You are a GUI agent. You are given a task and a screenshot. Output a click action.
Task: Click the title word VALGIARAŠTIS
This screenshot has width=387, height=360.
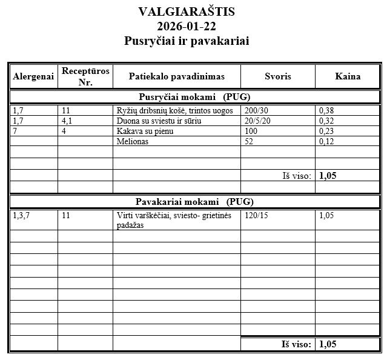187,12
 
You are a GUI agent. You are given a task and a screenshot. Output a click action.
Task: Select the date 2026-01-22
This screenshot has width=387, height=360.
187,26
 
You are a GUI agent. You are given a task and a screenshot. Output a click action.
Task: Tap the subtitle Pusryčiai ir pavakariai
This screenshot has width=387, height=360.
187,41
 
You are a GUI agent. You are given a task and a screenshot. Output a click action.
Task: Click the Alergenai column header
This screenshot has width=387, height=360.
33,76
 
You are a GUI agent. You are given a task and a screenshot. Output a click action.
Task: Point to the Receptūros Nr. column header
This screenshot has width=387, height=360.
85,76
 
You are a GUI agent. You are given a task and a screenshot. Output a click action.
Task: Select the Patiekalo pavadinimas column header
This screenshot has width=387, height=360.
176,76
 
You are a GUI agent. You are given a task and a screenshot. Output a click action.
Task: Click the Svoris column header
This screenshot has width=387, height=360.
278,76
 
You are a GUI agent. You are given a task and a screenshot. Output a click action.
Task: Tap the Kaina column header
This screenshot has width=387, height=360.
348,76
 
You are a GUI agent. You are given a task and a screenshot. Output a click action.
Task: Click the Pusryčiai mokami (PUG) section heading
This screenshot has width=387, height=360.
194,96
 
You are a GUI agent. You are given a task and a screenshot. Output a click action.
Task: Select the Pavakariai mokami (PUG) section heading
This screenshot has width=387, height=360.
193,202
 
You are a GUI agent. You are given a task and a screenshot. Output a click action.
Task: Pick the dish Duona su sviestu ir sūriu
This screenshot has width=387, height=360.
158,121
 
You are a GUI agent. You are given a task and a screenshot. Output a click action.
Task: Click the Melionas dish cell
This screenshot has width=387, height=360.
133,142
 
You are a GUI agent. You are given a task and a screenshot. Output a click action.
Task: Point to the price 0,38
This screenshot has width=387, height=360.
326,110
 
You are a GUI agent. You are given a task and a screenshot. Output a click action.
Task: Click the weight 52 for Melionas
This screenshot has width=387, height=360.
249,142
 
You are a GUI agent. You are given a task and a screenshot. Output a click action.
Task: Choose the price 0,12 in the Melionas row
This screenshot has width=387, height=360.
326,142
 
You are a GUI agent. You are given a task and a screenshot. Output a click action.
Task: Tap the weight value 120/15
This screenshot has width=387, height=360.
256,215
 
